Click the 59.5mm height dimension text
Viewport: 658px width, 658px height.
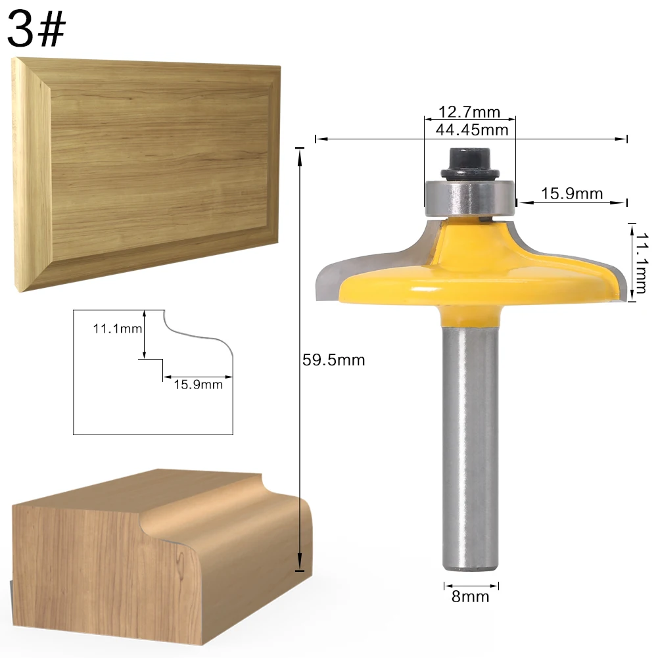pos(333,360)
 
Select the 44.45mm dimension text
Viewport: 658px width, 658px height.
pos(472,129)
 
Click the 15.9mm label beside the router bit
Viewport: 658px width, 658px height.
pos(572,193)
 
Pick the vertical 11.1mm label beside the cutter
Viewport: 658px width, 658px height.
pos(640,261)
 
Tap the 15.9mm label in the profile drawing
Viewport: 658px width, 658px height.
pos(198,385)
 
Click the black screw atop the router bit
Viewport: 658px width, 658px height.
pos(470,162)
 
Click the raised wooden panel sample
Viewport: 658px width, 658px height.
pos(148,171)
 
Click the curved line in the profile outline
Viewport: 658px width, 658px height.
pos(197,335)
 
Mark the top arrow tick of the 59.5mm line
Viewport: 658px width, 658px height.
pos(300,150)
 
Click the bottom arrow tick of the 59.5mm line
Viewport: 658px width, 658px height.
pos(300,570)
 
